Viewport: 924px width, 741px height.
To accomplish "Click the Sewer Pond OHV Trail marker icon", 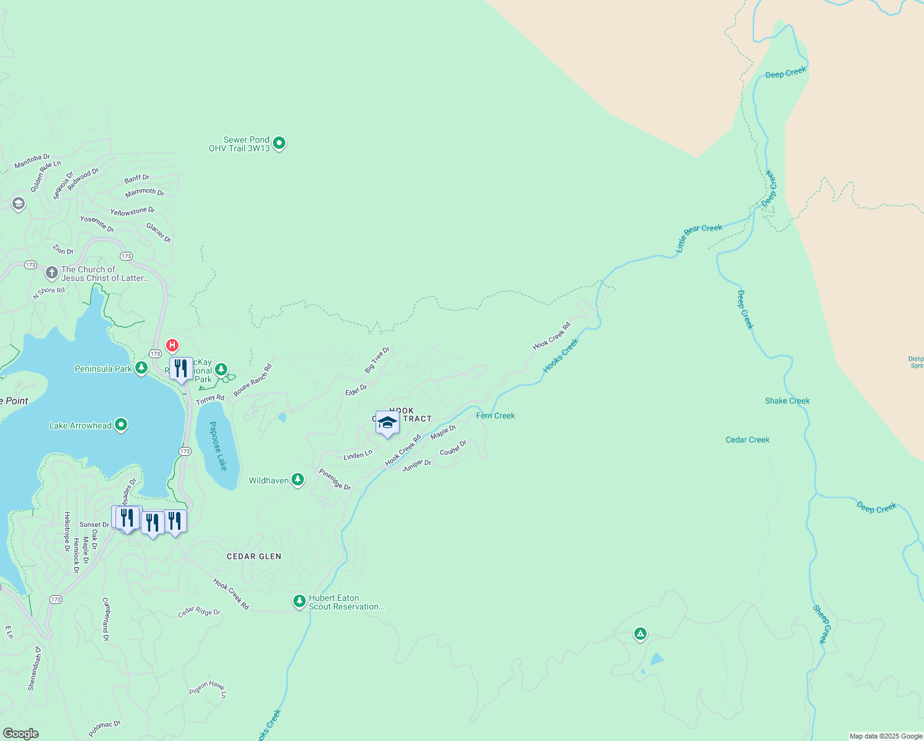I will click(x=279, y=143).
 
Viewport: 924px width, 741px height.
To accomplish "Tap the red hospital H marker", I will click(x=172, y=345).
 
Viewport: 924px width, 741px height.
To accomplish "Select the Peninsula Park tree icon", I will click(x=141, y=369).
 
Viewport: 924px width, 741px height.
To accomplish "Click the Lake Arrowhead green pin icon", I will click(x=121, y=425).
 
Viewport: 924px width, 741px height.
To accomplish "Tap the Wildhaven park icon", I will click(x=298, y=480).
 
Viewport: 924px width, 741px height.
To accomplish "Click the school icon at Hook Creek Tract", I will click(x=387, y=423).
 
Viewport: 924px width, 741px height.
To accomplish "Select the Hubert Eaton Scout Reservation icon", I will click(x=300, y=601).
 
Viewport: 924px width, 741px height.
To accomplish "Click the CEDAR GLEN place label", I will click(x=254, y=556).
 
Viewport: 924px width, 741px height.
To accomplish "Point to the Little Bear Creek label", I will click(x=699, y=237).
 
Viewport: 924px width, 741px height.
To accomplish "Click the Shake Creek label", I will click(x=787, y=401).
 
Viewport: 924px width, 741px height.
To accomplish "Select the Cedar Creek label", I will click(x=747, y=440).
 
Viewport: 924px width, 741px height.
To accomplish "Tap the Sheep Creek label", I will click(x=822, y=624).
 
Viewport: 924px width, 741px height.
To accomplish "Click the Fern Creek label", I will click(x=495, y=416).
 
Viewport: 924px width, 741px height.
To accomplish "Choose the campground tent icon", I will click(x=640, y=634).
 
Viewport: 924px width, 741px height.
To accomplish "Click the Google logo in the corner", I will click(x=21, y=734).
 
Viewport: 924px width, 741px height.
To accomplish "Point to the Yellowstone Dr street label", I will click(x=132, y=212).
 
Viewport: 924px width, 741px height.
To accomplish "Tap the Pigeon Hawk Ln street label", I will click(x=208, y=689).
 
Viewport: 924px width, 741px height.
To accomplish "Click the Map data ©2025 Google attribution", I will click(x=885, y=736).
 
